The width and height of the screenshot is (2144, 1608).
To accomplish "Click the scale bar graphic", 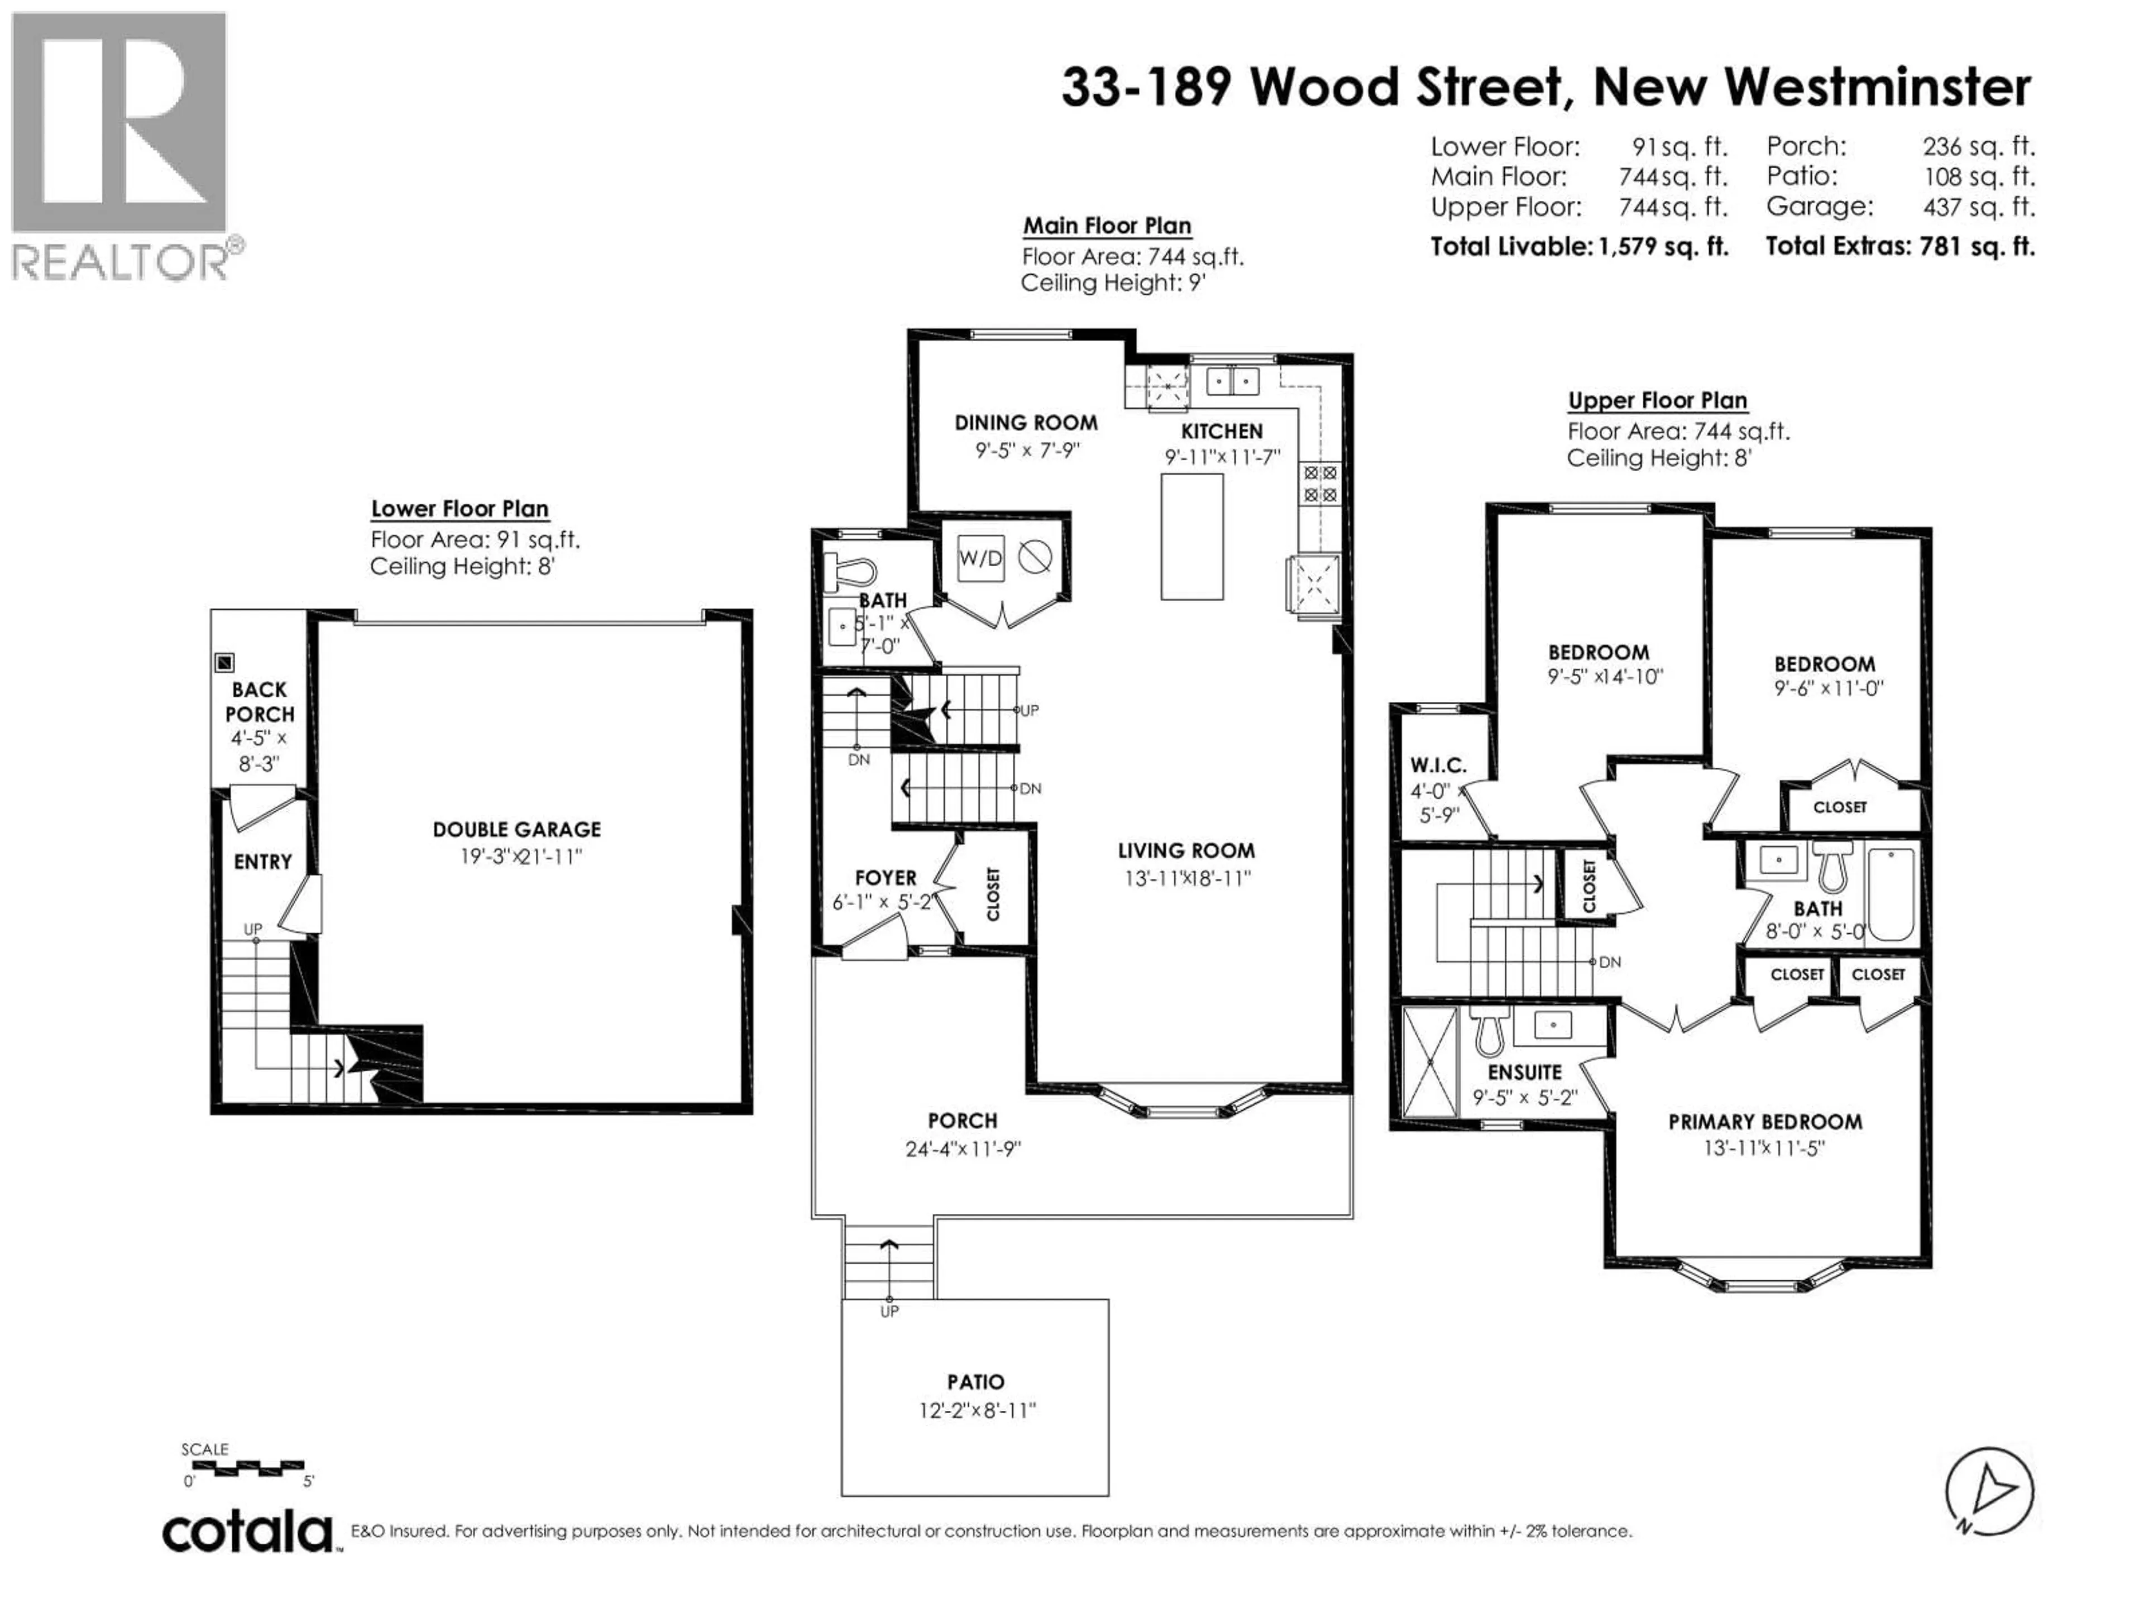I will (x=248, y=1467).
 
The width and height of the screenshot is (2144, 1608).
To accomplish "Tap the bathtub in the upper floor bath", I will (x=1890, y=894).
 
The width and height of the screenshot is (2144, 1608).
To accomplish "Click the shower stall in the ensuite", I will (x=1430, y=1063).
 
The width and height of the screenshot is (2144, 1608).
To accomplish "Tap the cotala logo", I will (x=247, y=1533).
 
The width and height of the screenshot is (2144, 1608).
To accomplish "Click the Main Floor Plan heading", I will (x=1107, y=226).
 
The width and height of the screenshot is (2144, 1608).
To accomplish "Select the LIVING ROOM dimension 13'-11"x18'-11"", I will (x=1185, y=878).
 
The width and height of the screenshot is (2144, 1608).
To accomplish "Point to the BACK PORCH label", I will (x=259, y=702).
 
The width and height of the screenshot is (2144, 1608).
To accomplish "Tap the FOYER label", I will (x=885, y=877).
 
